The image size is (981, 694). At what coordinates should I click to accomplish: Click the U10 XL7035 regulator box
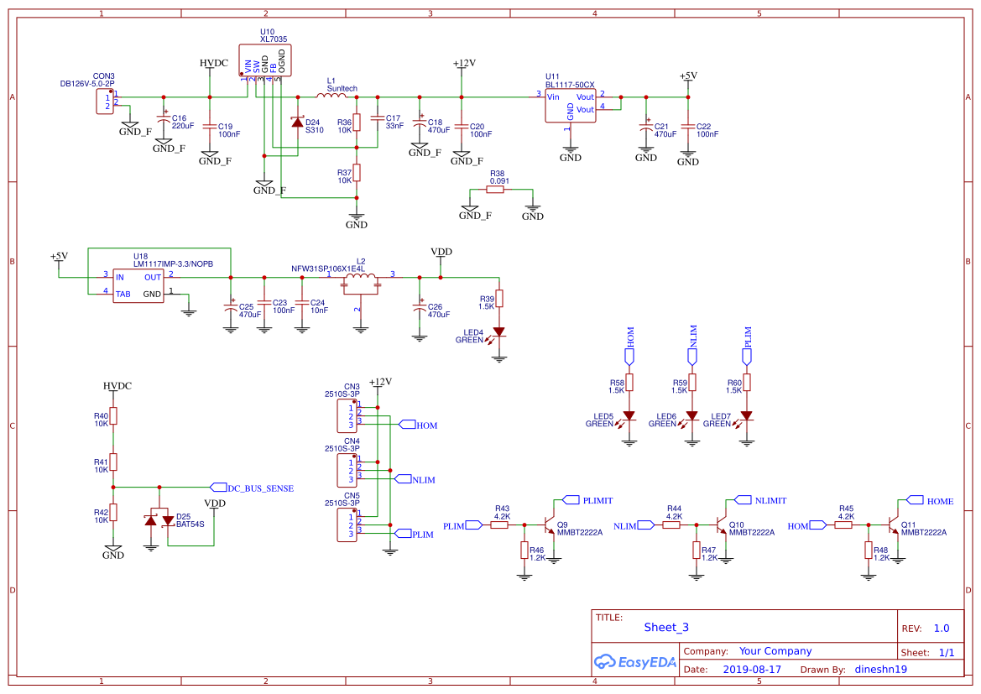click(x=265, y=59)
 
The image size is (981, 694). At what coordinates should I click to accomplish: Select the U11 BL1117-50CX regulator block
click(x=570, y=106)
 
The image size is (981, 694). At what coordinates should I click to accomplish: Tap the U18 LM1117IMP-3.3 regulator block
click(x=138, y=284)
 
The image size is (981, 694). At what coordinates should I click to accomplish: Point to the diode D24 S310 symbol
click(x=297, y=123)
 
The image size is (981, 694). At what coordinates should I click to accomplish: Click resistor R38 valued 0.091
click(x=496, y=190)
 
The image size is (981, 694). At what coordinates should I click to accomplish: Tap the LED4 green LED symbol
click(x=499, y=332)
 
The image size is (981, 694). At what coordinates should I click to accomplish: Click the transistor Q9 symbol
click(x=551, y=525)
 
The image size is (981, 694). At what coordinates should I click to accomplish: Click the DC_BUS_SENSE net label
click(x=260, y=487)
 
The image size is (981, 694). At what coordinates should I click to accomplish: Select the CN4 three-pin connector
click(x=347, y=471)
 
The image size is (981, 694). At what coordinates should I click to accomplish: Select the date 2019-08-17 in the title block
click(x=751, y=670)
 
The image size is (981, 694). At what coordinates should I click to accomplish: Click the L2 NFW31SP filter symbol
click(x=360, y=282)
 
